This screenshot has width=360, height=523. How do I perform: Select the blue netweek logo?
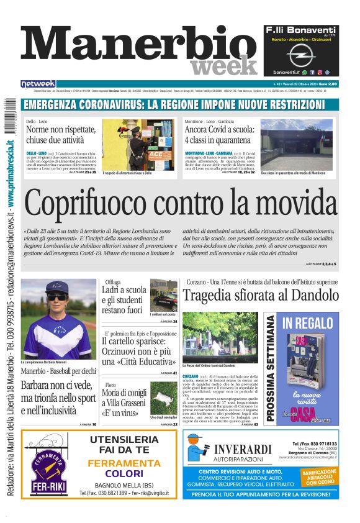pyautogui.click(x=38, y=83)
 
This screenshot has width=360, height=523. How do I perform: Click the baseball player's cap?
pyautogui.click(x=56, y=289)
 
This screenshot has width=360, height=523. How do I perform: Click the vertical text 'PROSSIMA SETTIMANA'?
pyautogui.click(x=271, y=370)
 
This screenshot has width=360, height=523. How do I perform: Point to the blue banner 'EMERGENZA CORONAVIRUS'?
pyautogui.click(x=180, y=104)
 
